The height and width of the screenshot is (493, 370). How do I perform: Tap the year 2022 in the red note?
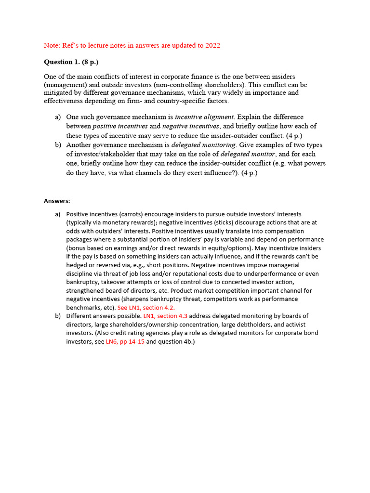212,45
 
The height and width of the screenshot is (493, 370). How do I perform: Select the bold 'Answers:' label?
57,201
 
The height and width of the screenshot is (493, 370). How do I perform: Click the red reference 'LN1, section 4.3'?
165,316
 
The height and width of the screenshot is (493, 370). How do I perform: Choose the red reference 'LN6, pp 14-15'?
125,342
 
